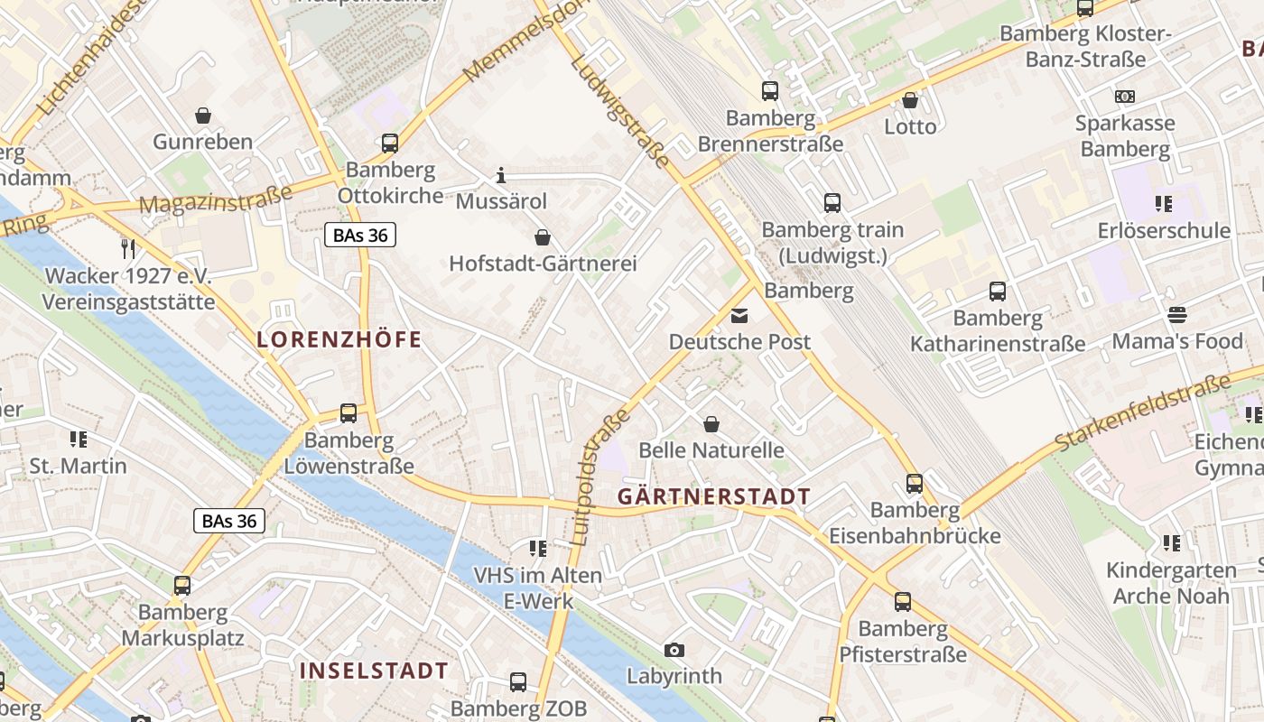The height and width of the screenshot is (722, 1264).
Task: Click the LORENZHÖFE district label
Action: [339, 340]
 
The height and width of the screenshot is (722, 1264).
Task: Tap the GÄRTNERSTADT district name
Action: [713, 497]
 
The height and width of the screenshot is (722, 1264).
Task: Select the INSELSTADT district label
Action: [374, 671]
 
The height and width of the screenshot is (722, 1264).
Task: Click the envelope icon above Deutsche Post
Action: [739, 316]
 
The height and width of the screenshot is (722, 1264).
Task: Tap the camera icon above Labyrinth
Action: [674, 650]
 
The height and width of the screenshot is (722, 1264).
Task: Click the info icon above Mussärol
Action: [501, 175]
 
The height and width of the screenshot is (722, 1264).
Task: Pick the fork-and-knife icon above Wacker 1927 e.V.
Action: [128, 248]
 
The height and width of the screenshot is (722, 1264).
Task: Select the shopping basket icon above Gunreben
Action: [203, 116]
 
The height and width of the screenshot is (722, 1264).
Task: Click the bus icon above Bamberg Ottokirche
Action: [390, 143]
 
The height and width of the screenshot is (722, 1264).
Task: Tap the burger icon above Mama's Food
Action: [1176, 315]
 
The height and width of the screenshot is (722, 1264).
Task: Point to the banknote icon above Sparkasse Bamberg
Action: [1125, 97]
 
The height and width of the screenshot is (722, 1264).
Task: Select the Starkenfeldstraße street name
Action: [1142, 412]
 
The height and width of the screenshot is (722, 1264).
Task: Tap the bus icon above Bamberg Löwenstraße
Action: [349, 414]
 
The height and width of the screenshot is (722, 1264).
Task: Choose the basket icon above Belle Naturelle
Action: [711, 423]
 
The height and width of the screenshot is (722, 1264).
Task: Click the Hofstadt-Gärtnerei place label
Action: [543, 264]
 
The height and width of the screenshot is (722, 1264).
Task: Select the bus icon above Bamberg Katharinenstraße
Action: [998, 292]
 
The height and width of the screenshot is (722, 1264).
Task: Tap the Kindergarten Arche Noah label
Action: [1171, 583]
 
